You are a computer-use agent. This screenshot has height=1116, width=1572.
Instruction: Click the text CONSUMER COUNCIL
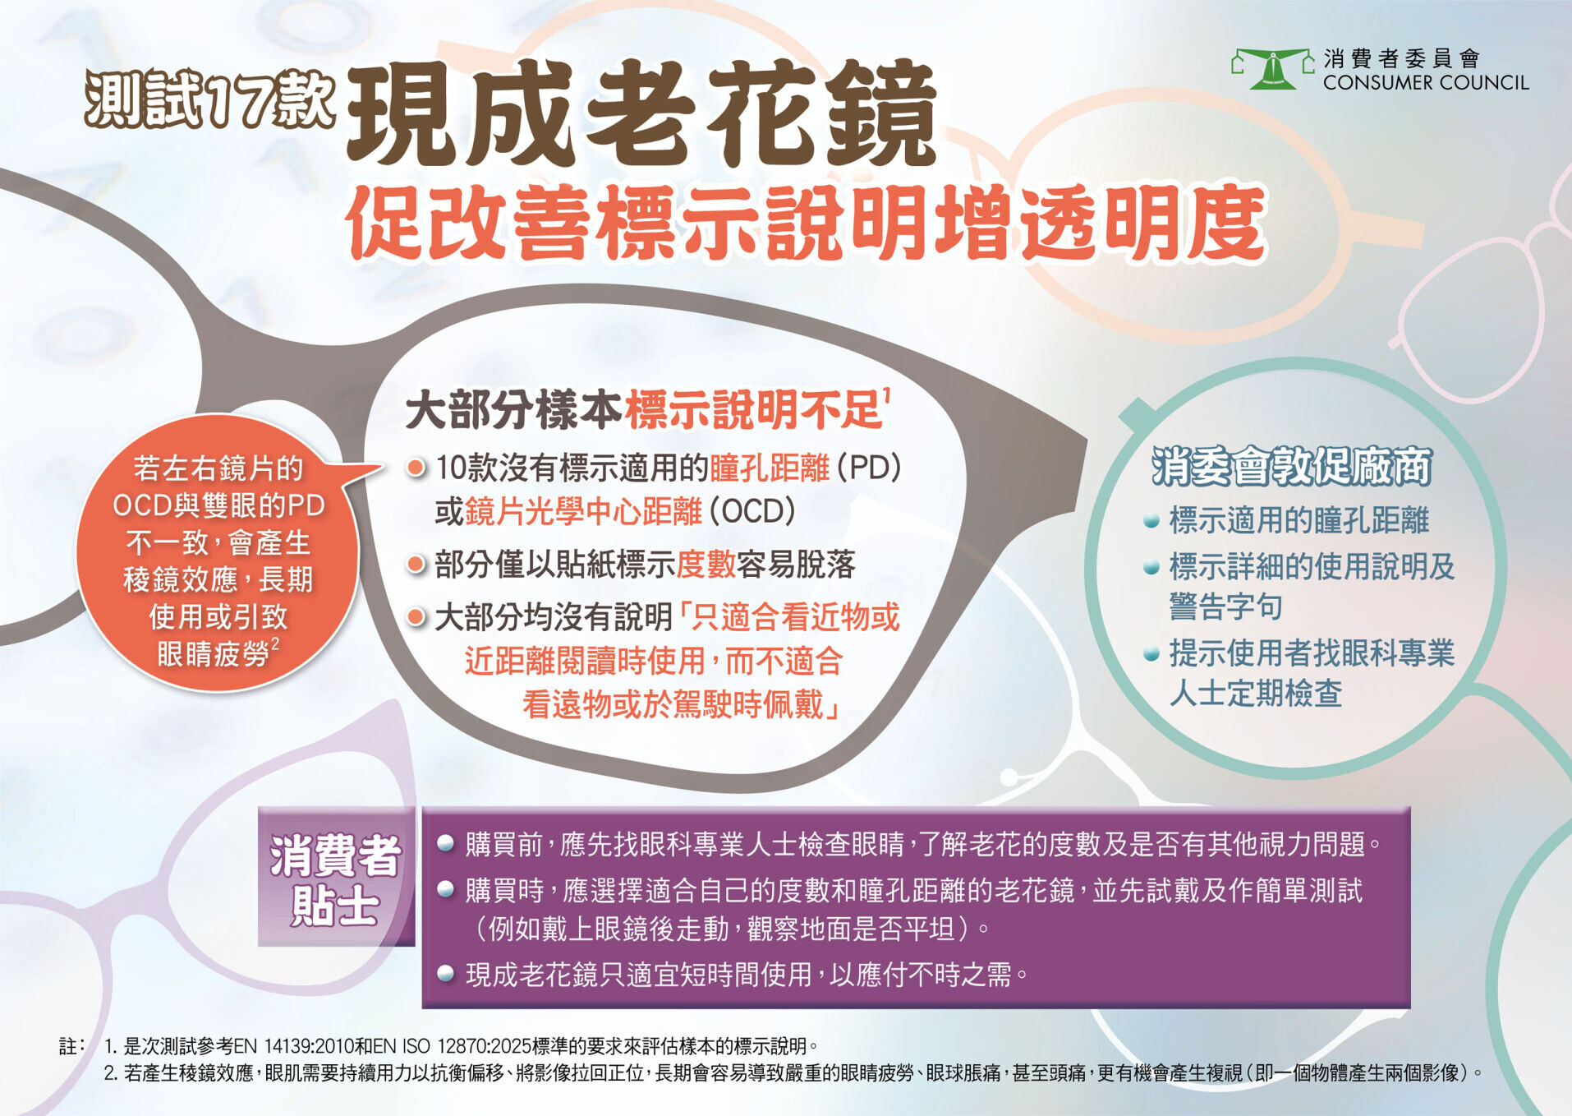[x=1426, y=83]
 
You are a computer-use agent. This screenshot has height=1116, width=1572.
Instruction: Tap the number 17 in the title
[x=238, y=100]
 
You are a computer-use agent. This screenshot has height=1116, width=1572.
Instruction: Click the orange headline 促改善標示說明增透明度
[x=806, y=223]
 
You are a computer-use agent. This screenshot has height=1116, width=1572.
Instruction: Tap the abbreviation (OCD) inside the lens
[x=752, y=511]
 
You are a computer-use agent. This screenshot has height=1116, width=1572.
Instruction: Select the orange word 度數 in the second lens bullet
[x=706, y=565]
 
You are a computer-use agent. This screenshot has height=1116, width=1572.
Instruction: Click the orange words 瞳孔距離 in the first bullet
[x=770, y=468]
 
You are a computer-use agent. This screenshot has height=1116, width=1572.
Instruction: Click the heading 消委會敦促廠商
[x=1291, y=466]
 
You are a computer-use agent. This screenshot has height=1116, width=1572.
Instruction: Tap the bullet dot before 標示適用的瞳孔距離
[x=1151, y=520]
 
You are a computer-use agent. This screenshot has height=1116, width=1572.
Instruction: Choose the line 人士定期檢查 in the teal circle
[x=1256, y=693]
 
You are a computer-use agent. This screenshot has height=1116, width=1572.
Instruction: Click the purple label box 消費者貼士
[x=336, y=877]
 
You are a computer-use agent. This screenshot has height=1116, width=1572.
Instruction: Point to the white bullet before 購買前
[x=446, y=843]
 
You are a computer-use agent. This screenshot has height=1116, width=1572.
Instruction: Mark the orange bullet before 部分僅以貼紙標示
[x=416, y=565]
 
